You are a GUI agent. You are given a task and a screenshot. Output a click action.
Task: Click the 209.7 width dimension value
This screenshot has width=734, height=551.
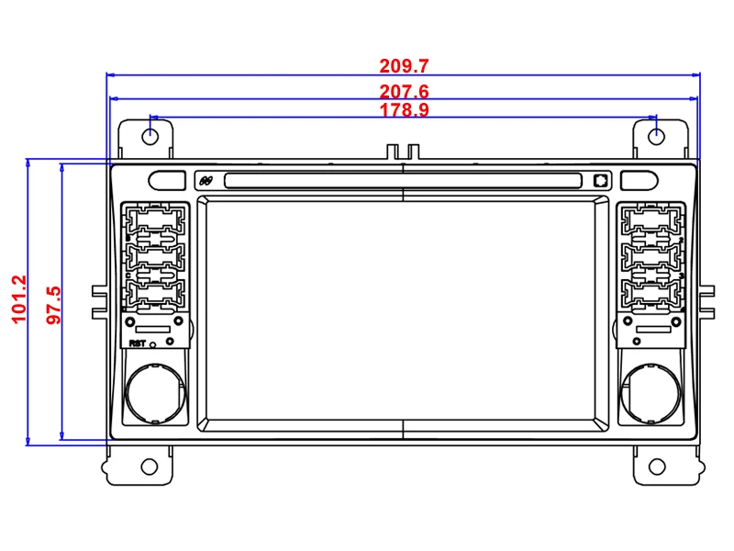pos(405,66)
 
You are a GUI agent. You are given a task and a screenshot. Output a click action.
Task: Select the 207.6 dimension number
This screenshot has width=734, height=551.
pos(405,92)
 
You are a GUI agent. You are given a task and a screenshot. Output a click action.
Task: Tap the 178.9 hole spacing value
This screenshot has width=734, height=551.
pos(405,110)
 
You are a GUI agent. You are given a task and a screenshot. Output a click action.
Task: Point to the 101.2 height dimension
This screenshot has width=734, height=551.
pos(17,300)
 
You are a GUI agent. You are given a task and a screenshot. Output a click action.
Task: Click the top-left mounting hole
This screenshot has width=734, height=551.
pos(150,136)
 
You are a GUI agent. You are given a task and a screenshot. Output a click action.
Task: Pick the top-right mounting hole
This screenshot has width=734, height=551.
pos(657,136)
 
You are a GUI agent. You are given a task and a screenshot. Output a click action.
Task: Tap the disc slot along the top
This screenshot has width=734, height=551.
pos(404,180)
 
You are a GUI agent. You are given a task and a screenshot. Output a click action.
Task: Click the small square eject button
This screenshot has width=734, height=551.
pos(600,181)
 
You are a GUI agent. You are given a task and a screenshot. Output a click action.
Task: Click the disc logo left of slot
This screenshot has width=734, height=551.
pos(206,181)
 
